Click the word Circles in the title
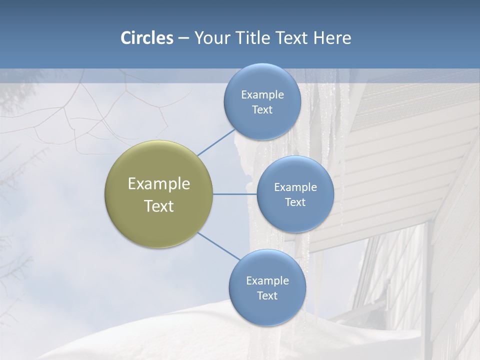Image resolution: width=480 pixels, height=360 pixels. [x=147, y=38]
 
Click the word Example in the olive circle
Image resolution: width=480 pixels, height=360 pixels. [x=159, y=184]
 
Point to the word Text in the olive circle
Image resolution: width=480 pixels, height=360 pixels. [x=159, y=206]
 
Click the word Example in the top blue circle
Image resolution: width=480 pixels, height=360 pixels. [x=262, y=95]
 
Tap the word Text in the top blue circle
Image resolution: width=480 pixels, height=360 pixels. [x=262, y=110]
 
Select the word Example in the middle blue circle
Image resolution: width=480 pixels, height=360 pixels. [x=295, y=187]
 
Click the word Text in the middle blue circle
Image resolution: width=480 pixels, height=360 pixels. [x=295, y=202]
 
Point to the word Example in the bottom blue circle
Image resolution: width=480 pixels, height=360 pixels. [x=267, y=281]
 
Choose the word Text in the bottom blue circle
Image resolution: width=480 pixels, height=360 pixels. [x=267, y=296]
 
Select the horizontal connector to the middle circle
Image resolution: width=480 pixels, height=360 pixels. [x=235, y=194]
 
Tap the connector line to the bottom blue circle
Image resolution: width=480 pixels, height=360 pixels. [x=219, y=246]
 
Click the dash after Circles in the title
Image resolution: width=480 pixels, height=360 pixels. [x=183, y=38]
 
